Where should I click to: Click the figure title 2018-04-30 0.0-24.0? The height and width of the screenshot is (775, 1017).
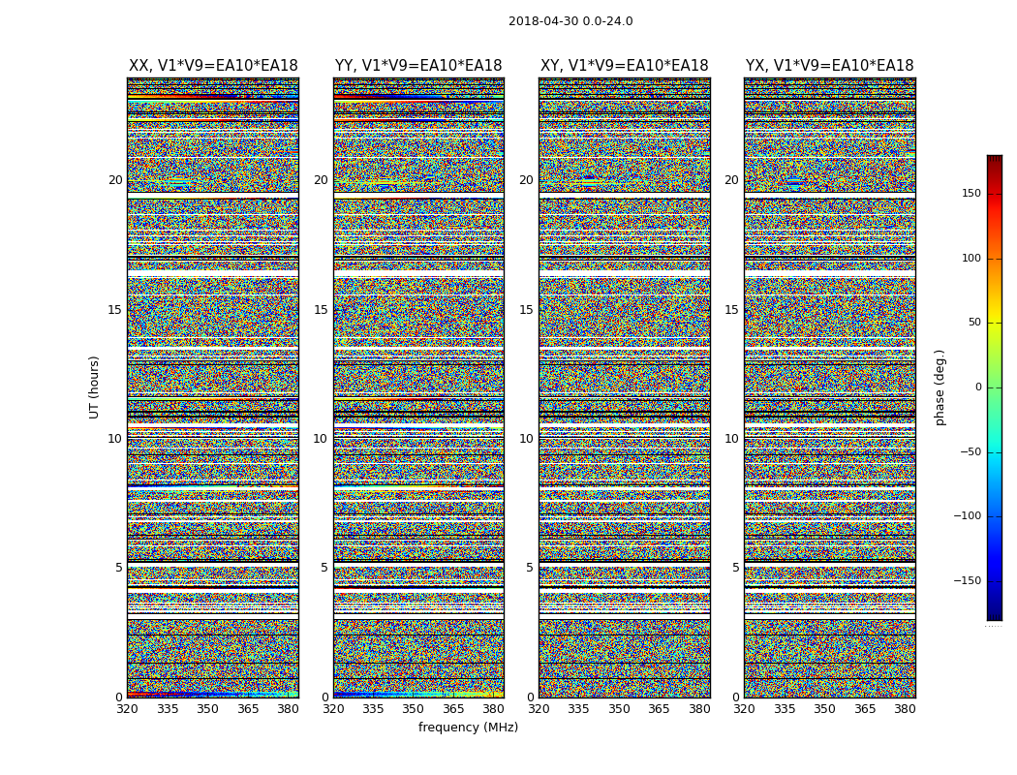pos(570,21)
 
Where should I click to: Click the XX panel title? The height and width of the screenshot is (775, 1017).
pos(213,66)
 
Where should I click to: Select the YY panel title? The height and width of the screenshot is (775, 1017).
pos(418,66)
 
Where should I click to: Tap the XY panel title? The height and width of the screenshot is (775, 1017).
pos(624,66)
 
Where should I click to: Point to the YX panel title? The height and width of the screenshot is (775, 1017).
pos(829,66)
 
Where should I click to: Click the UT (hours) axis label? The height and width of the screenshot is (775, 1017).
pos(95,387)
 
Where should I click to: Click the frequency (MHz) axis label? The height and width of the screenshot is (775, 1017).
pos(468,728)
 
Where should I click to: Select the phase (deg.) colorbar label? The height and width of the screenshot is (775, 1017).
pos(940,387)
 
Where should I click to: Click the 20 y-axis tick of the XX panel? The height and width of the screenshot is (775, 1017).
pos(115,180)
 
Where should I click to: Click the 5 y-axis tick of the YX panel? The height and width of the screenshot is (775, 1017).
pos(735,568)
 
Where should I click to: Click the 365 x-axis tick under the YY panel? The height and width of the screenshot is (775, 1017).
pos(453,709)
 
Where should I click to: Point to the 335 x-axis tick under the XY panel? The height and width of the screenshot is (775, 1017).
pos(578,709)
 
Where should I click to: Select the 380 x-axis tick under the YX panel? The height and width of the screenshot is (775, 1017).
pos(905,709)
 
